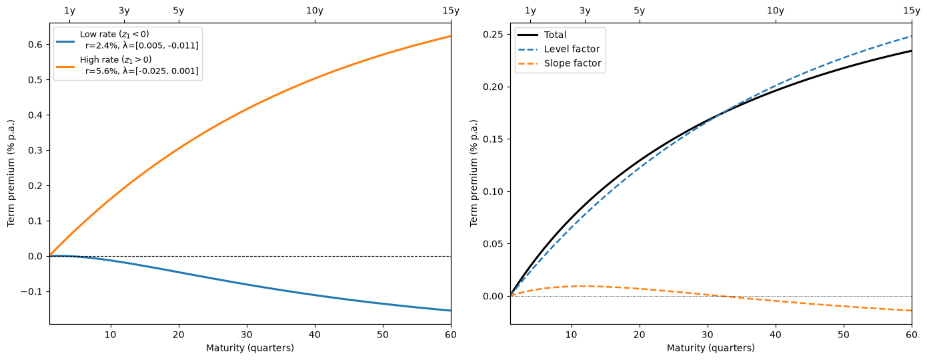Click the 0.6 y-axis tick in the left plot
click(35, 45)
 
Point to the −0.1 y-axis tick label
click(31, 292)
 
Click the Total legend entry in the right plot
click(542, 35)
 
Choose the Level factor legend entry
click(559, 49)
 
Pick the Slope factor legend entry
click(560, 63)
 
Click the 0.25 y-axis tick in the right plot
click(494, 35)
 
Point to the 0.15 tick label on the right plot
click(494, 139)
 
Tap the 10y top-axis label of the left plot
click(315, 11)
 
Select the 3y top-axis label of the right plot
click(585, 11)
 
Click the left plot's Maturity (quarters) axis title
click(250, 348)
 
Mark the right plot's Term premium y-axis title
click(474, 173)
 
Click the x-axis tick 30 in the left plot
click(247, 335)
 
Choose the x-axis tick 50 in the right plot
click(844, 335)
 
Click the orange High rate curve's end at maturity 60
click(451, 37)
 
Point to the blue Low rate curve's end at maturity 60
click(451, 311)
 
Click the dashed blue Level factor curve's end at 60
click(912, 37)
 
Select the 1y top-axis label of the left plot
click(69, 11)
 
